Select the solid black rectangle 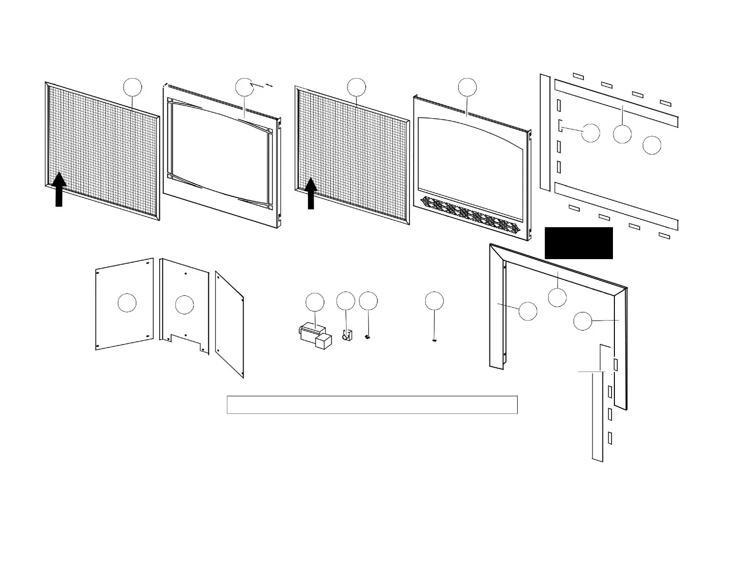tap(579, 243)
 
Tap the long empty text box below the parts tap(372, 405)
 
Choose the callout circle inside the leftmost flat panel tap(127, 303)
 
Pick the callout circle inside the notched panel tap(184, 305)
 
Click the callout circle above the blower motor tap(315, 302)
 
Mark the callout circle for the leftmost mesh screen tap(133, 87)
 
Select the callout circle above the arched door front tap(467, 87)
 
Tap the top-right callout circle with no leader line tap(652, 145)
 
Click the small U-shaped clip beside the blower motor tap(346, 335)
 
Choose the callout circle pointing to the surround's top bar tap(557, 297)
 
